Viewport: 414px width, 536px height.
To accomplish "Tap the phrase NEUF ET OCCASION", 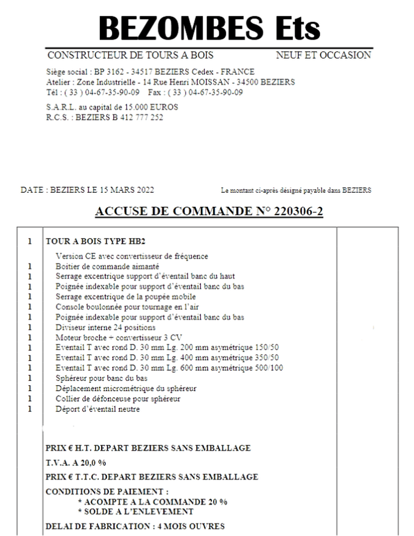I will click(x=323, y=55).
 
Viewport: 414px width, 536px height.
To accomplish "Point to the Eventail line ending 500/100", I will click(x=170, y=368).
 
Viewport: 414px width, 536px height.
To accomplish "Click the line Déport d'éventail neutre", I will click(x=97, y=409).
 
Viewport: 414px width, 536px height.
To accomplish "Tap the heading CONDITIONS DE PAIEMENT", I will click(x=107, y=492).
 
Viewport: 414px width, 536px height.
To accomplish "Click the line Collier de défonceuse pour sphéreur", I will click(x=118, y=399).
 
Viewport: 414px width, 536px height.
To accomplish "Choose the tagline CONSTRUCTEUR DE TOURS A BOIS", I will click(x=130, y=55).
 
